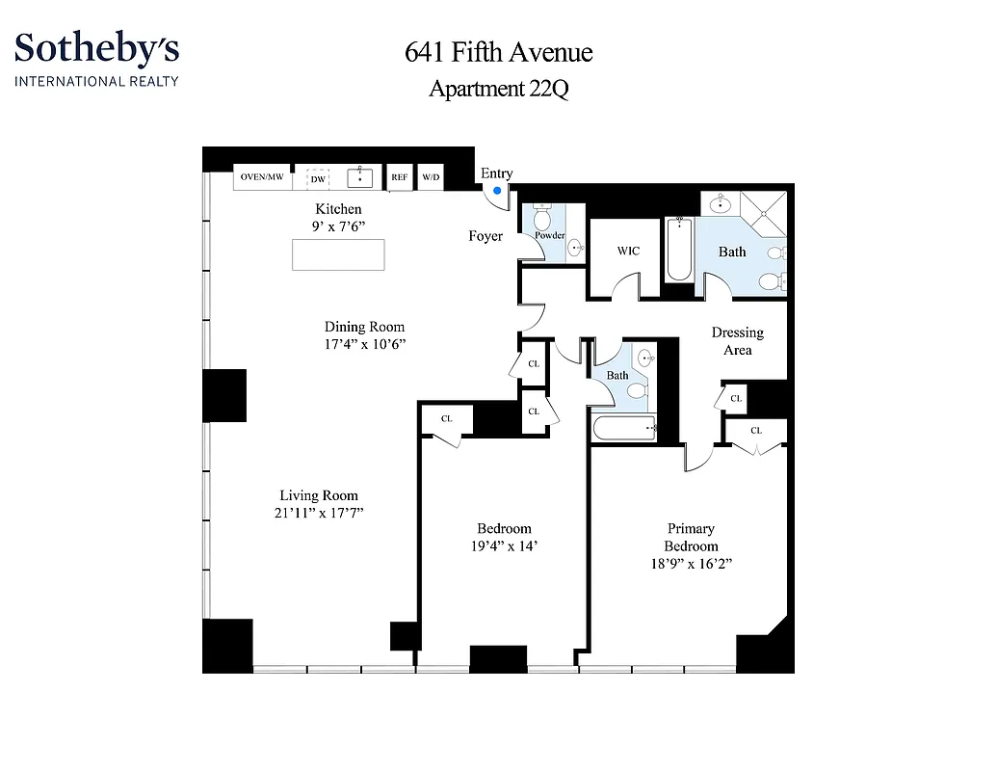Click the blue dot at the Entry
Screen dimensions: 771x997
497,191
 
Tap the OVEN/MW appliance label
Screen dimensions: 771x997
262,177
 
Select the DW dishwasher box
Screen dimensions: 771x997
317,178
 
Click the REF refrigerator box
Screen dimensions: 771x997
399,177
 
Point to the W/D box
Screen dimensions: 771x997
431,177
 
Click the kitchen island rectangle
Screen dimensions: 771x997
339,254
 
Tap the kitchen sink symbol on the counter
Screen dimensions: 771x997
359,177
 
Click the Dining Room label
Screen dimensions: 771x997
364,327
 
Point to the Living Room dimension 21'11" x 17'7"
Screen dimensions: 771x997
318,514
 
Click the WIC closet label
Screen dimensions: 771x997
628,251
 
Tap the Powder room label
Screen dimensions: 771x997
549,235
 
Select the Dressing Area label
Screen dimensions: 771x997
737,341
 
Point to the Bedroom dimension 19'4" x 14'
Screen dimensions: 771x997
505,546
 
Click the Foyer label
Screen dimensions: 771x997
485,236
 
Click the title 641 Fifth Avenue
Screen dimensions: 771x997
498,52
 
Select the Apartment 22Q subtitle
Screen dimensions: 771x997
498,89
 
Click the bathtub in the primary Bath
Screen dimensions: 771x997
678,250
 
